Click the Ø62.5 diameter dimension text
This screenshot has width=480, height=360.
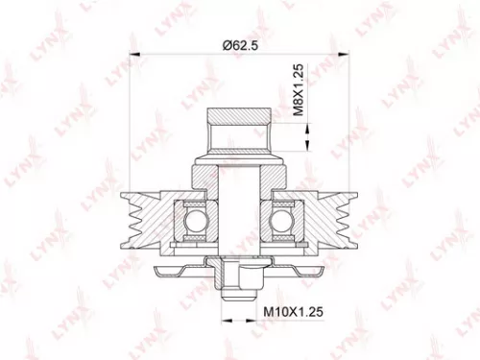pyautogui.click(x=240, y=44)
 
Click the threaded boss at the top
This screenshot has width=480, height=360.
pyautogui.click(x=238, y=130)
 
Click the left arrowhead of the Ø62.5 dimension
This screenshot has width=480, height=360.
pyautogui.click(x=132, y=58)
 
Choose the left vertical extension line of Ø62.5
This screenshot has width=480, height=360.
pyautogui.click(x=127, y=125)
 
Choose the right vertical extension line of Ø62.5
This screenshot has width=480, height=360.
pyautogui.click(x=350, y=125)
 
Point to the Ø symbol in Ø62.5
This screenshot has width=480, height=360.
pyautogui.click(x=226, y=44)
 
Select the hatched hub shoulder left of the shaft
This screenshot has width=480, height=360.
pyautogui.click(x=206, y=178)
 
